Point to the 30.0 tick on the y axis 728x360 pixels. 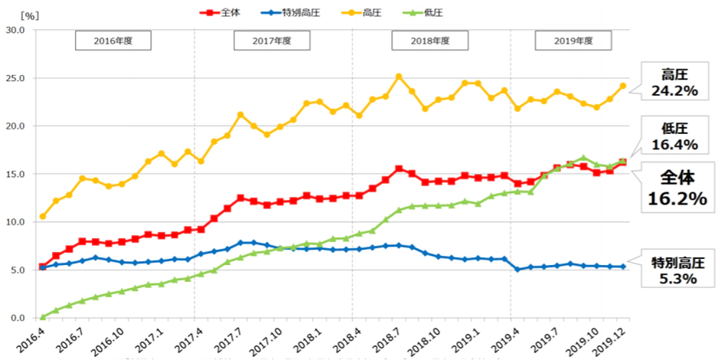pos(15,30)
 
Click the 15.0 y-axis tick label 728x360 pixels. pos(15,174)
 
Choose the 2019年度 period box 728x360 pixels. pos(573,41)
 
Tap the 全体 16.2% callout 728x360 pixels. pos(675,188)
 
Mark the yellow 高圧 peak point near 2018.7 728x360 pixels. pos(399,77)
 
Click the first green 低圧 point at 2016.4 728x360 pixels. pos(42,317)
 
